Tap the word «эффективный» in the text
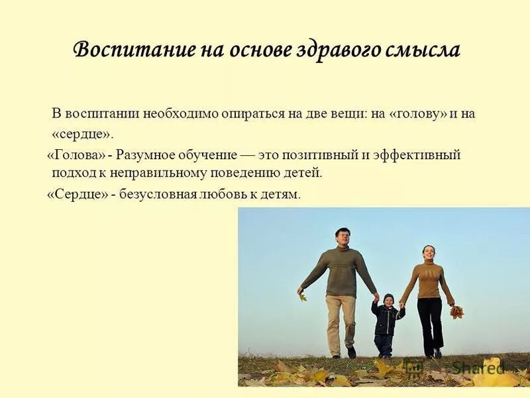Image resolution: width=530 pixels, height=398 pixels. [x=418, y=155]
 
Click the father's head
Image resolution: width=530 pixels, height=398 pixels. [x=342, y=237]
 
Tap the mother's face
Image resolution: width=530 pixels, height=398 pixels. [x=429, y=253]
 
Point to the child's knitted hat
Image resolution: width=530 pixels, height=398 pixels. [x=388, y=298]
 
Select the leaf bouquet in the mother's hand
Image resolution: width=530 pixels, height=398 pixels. [x=456, y=311]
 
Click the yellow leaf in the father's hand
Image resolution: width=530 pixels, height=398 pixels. [x=303, y=297]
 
